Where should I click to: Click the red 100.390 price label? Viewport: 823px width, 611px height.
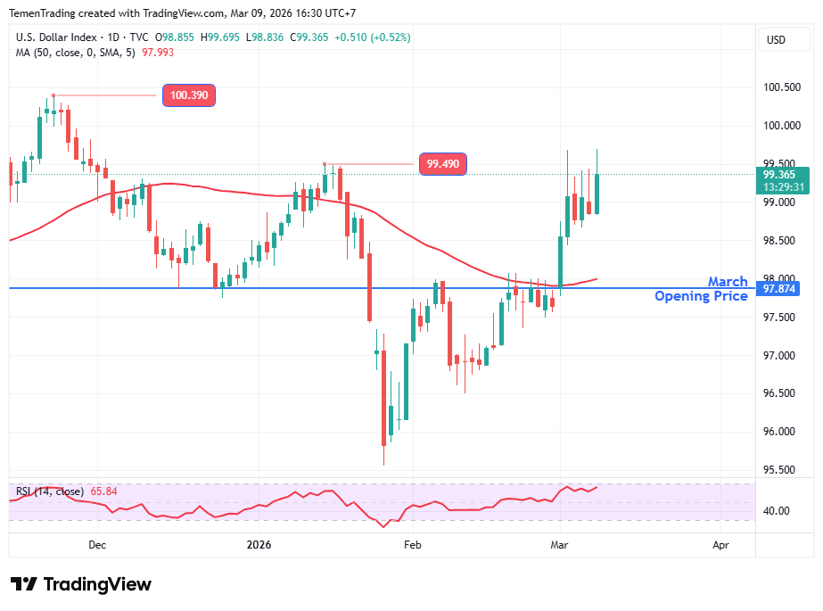[189, 95]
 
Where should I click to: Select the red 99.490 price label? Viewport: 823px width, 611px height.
[442, 164]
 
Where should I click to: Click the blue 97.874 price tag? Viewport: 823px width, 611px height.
[779, 289]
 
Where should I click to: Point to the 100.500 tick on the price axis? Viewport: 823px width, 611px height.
[781, 87]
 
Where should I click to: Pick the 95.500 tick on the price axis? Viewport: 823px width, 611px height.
[781, 469]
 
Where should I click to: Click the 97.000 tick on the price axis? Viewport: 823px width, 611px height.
[781, 356]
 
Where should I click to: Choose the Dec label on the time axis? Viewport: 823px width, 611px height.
[97, 544]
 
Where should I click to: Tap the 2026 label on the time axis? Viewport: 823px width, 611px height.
[259, 544]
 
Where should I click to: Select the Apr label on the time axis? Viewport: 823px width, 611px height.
[720, 544]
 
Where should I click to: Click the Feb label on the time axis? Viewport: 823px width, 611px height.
[412, 544]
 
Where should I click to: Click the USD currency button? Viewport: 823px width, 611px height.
[776, 39]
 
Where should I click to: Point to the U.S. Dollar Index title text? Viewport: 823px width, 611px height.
[55, 37]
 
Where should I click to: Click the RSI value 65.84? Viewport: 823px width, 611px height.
[104, 491]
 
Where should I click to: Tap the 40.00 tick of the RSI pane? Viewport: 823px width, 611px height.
[777, 511]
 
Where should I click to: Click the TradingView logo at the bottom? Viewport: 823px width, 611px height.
[81, 584]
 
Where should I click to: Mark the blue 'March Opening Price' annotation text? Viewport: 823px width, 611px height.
[702, 289]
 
